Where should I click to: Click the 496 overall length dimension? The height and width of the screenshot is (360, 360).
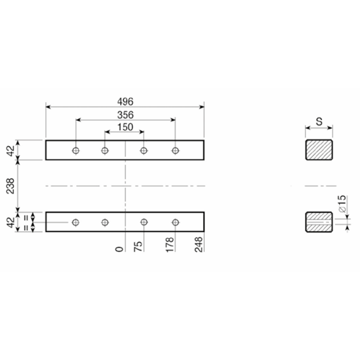point(125,102)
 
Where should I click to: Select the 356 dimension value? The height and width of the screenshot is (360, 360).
point(126,115)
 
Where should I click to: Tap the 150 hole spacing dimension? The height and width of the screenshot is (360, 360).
point(126,127)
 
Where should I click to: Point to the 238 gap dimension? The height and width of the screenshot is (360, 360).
point(10,186)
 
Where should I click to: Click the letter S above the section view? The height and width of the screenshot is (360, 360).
point(319,121)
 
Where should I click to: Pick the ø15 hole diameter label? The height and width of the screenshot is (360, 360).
point(342,204)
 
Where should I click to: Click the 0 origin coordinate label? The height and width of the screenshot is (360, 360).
point(119,249)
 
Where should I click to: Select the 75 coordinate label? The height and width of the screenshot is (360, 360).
point(138,247)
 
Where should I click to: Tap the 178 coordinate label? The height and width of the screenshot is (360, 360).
point(170,245)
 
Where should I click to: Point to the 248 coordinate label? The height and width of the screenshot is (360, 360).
point(198,245)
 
